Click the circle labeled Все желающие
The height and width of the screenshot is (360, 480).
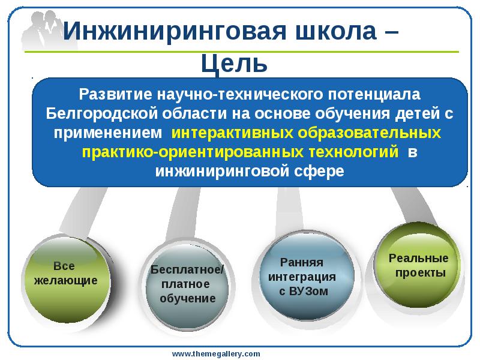pyautogui.click(x=64, y=275)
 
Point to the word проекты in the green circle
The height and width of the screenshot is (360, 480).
pyautogui.click(x=421, y=273)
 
